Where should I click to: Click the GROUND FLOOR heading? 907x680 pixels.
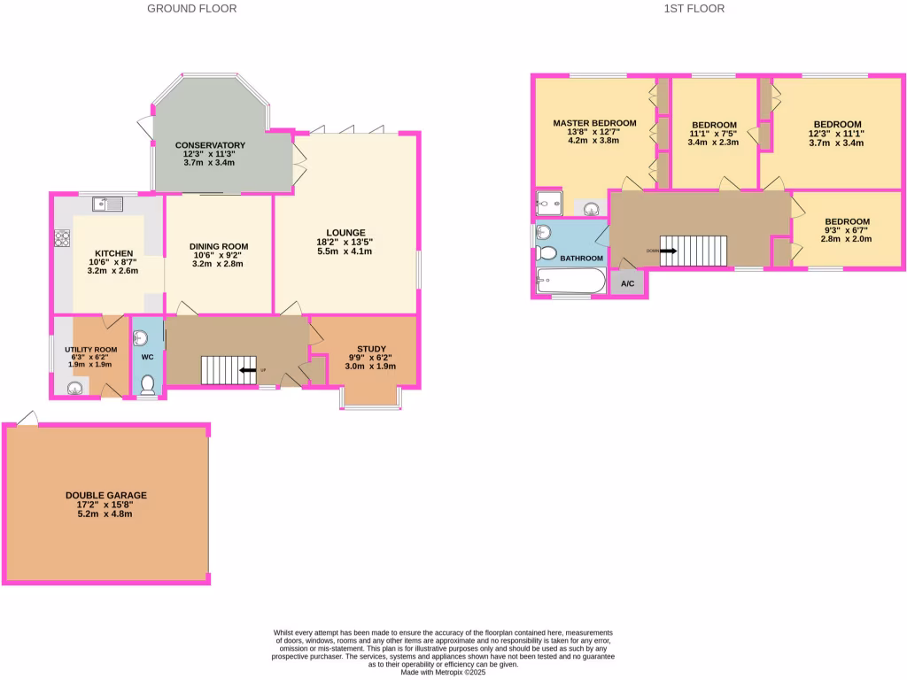tap(191, 9)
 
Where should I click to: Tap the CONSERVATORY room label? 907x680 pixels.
tap(209, 145)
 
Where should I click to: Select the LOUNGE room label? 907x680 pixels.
tap(345, 232)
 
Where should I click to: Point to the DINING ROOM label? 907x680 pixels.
tap(218, 246)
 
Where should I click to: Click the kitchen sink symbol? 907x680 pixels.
tap(111, 205)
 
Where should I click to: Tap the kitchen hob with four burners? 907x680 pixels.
tap(64, 238)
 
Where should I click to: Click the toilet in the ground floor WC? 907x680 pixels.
tap(147, 384)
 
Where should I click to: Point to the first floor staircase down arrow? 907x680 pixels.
tap(669, 251)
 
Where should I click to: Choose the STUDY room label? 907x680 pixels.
tap(371, 349)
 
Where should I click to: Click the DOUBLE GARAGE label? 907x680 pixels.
tap(106, 495)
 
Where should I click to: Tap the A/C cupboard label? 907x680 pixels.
tap(628, 284)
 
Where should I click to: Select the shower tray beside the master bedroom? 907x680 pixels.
tap(554, 205)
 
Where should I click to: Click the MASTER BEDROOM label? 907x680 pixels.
tap(594, 123)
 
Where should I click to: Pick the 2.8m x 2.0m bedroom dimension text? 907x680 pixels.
tap(847, 238)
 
